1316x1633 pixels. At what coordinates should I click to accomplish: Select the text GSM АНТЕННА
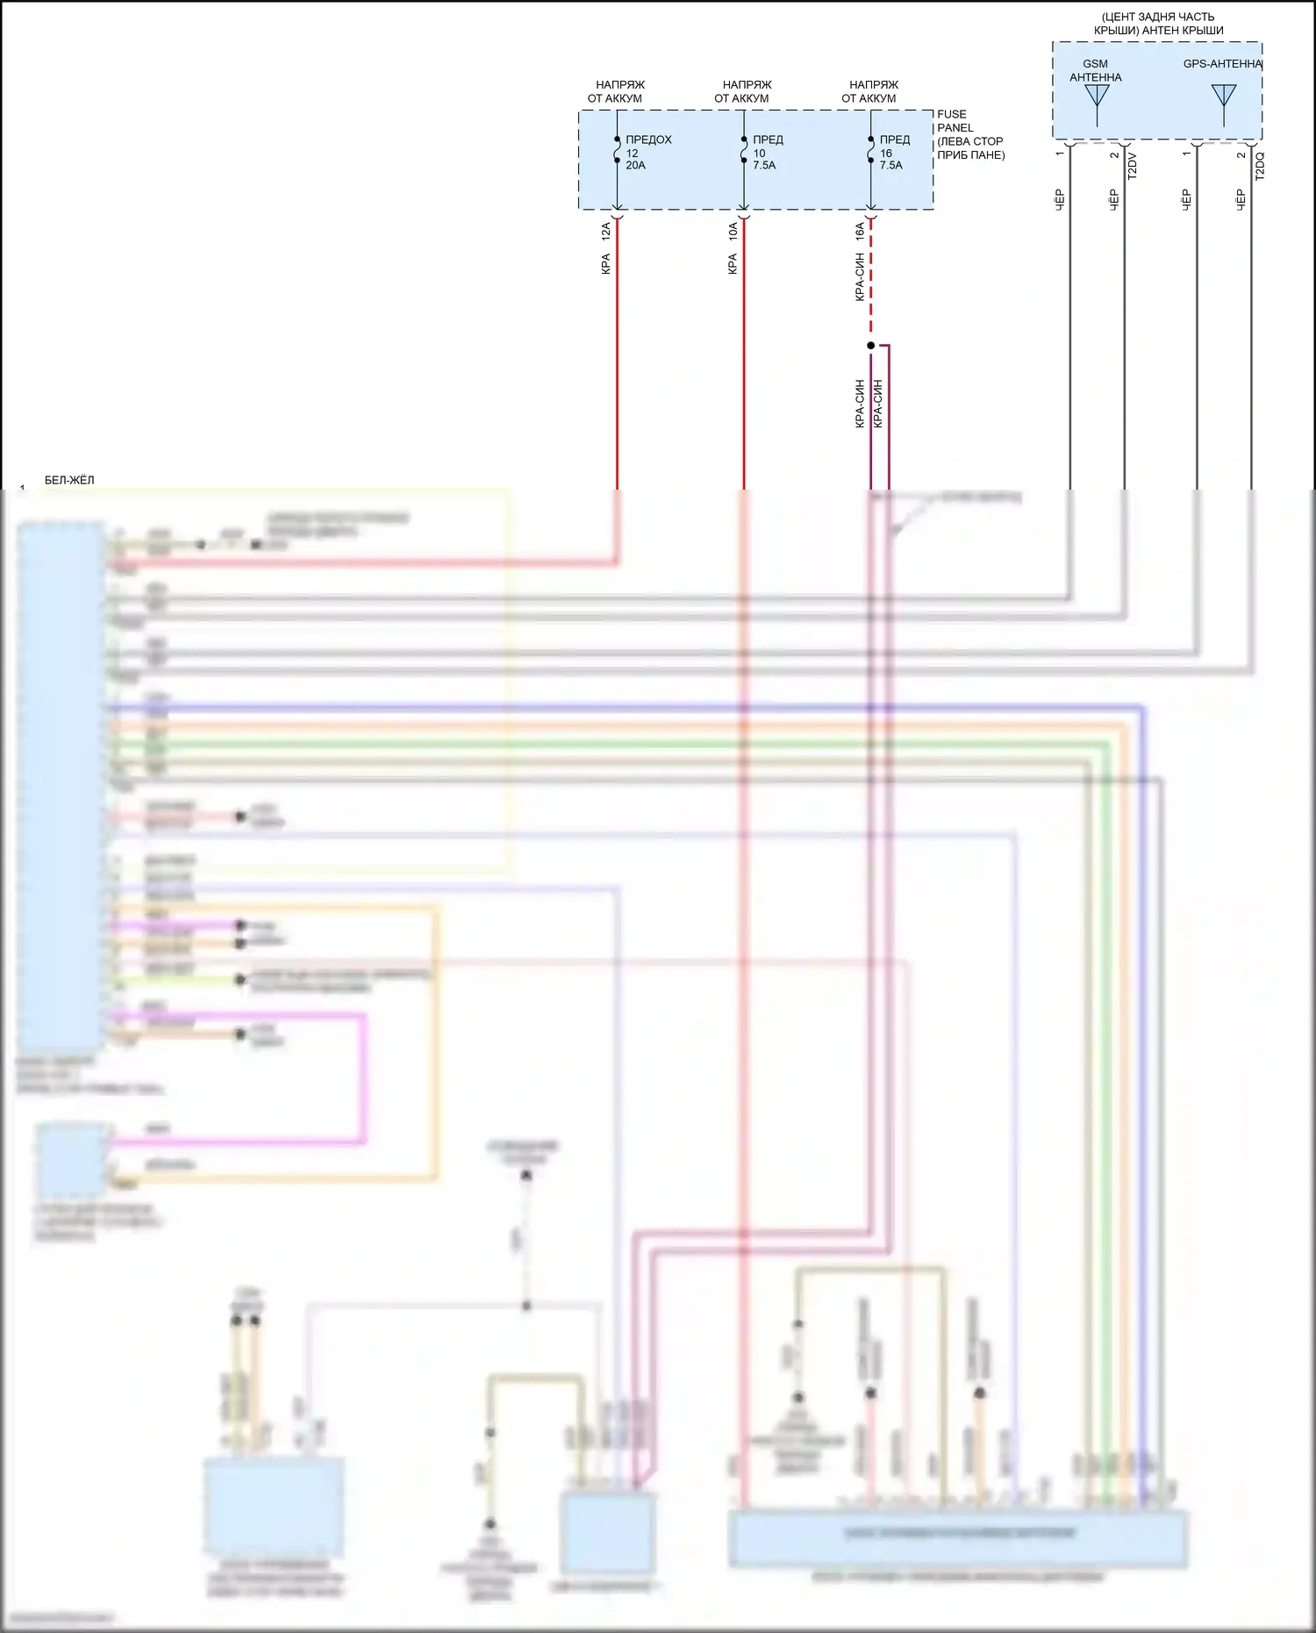point(1095,70)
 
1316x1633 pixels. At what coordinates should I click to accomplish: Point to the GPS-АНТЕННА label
point(1221,64)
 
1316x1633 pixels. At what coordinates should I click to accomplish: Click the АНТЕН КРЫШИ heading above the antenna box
point(1158,24)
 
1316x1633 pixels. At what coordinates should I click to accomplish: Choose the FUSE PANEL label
point(954,121)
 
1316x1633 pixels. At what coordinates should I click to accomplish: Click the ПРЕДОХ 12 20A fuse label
point(647,152)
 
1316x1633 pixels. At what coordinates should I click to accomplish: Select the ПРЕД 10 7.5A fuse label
point(767,152)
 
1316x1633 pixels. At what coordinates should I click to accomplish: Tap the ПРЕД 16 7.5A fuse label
point(894,152)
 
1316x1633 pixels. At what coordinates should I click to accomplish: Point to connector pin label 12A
point(606,232)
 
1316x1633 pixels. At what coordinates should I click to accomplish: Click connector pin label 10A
point(733,232)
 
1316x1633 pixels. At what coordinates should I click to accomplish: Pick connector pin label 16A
point(860,232)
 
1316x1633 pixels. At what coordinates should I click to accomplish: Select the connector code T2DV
point(1132,166)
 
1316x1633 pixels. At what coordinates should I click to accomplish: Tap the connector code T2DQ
point(1260,166)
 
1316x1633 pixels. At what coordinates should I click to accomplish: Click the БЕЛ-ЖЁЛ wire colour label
point(69,480)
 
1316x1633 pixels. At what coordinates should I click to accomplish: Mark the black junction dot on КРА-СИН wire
point(870,346)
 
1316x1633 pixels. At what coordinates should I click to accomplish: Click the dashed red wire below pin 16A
point(871,281)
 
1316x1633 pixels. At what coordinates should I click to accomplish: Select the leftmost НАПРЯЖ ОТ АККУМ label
point(617,91)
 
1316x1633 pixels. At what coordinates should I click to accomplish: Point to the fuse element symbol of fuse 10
point(744,153)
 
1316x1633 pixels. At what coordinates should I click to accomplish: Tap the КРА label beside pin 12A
point(606,264)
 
